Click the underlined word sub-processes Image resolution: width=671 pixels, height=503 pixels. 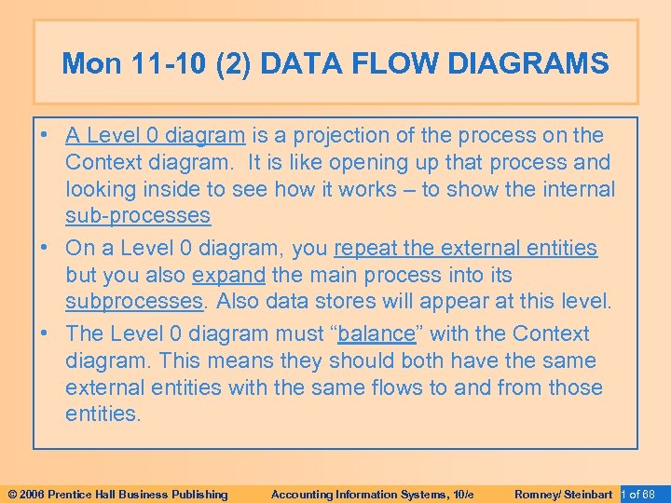(x=138, y=216)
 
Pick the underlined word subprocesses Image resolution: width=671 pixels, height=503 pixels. (x=133, y=302)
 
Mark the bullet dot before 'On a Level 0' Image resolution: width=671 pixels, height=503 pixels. (x=46, y=248)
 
